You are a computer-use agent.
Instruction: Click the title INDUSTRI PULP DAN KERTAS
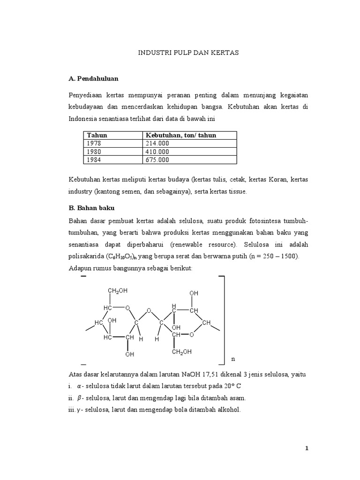[188, 53]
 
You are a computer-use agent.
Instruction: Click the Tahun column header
[97, 135]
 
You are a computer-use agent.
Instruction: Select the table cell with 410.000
[157, 151]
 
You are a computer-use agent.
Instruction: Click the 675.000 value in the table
[157, 160]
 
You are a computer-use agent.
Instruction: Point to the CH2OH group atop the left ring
[117, 291]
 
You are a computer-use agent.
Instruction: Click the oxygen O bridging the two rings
[148, 310]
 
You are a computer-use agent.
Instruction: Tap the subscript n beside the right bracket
[233, 359]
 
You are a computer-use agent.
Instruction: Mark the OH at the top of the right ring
[194, 293]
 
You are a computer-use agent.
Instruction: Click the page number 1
[307, 449]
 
